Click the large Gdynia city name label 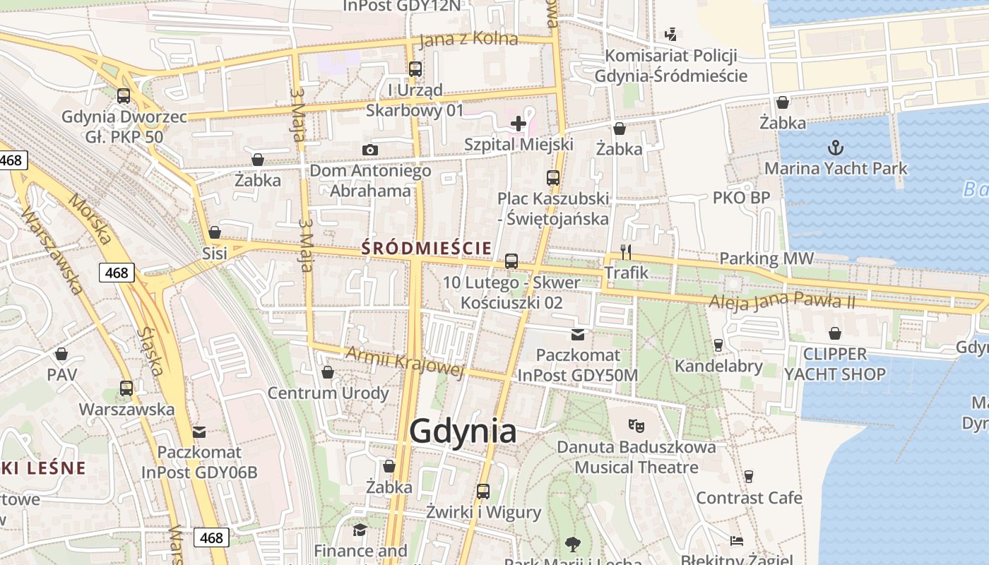(x=463, y=430)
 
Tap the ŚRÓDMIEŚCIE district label (x=426, y=248)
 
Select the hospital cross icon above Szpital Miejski (x=519, y=124)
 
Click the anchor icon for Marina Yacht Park (x=836, y=148)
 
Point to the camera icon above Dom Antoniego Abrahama (x=369, y=150)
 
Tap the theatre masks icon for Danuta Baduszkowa (x=636, y=425)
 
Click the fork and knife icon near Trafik (x=625, y=251)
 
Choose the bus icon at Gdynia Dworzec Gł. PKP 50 (x=124, y=95)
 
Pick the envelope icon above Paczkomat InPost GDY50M (x=578, y=334)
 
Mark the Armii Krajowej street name (x=404, y=362)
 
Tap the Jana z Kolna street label (x=468, y=40)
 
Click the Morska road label (x=90, y=219)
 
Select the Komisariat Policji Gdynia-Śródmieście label (x=671, y=66)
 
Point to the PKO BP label (x=740, y=198)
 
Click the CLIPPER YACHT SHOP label (x=835, y=364)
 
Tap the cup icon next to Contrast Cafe (x=749, y=477)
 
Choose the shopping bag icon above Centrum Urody (x=327, y=371)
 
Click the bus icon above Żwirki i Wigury (x=483, y=491)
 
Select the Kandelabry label (x=718, y=366)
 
